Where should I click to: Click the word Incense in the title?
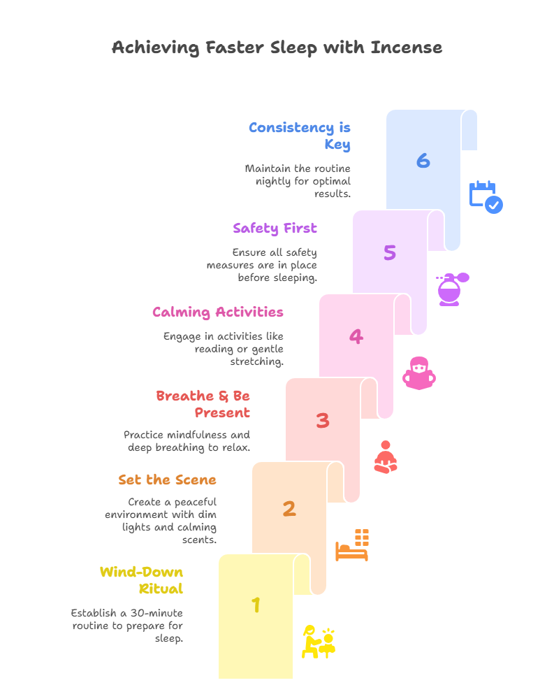[x=406, y=48]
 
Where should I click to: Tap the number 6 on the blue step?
[x=423, y=161]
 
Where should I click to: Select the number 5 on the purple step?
[x=389, y=252]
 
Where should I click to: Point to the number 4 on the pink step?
[x=356, y=336]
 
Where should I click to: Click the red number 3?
[x=323, y=420]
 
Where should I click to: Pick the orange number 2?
[x=289, y=508]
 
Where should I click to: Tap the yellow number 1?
[x=256, y=605]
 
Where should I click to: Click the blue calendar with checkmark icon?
[x=486, y=197]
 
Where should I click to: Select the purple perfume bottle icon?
[x=452, y=289]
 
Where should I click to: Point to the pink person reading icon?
[x=419, y=373]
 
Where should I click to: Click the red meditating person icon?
[x=386, y=456]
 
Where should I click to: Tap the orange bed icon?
[x=352, y=545]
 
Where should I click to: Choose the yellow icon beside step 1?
[x=319, y=642]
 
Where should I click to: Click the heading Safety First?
[x=275, y=228]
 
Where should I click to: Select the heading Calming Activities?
[x=218, y=312]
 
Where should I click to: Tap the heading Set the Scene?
[x=167, y=480]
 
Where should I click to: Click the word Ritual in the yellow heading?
[x=161, y=589]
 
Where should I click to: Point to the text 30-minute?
[x=156, y=613]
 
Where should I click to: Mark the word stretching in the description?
[x=256, y=361]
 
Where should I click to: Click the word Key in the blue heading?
[x=337, y=144]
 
